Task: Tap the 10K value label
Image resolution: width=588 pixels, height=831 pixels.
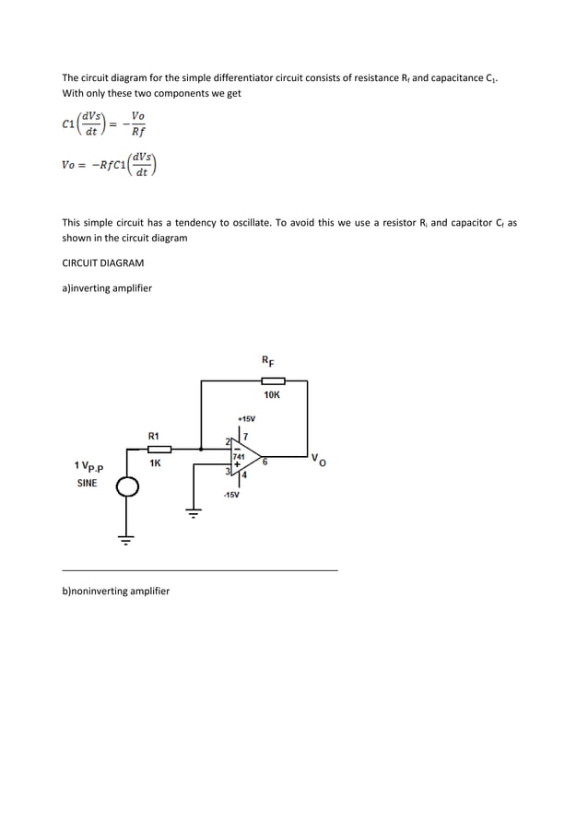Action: tap(272, 395)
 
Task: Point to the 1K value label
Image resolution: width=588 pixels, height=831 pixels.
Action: tap(155, 463)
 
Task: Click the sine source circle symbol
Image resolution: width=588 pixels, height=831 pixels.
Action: tap(126, 487)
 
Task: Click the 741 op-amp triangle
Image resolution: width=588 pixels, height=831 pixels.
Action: tap(241, 457)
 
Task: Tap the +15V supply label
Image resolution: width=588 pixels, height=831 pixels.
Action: tap(246, 418)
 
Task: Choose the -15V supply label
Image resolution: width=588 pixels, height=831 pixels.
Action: tap(230, 496)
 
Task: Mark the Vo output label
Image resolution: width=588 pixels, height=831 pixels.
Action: tap(318, 459)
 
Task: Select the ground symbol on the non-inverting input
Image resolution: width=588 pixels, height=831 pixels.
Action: tap(194, 513)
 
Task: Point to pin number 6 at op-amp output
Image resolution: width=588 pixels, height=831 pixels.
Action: tap(265, 462)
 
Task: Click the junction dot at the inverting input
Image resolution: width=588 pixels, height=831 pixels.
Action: tap(202, 449)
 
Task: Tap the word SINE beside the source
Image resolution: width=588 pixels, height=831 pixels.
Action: tap(87, 482)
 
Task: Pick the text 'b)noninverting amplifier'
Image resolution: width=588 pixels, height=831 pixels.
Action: tap(115, 590)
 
